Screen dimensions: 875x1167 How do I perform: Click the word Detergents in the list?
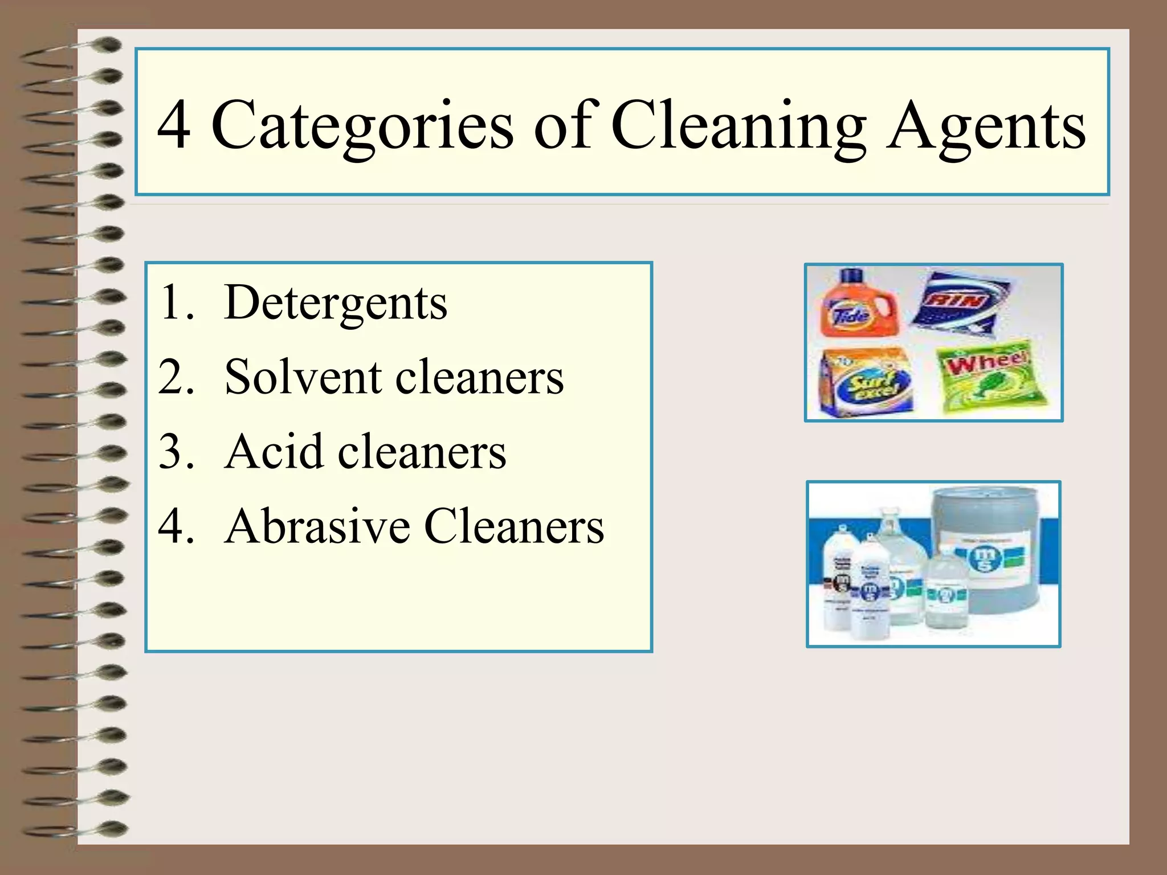pyautogui.click(x=336, y=303)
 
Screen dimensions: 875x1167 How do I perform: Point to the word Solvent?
pyautogui.click(x=303, y=377)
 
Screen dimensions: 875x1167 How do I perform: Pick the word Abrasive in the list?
pyautogui.click(x=317, y=526)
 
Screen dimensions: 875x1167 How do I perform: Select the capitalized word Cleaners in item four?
pyautogui.click(x=514, y=526)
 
